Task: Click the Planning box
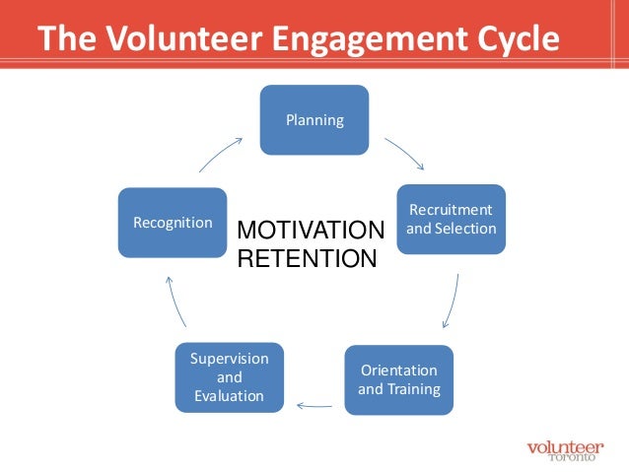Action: (x=314, y=120)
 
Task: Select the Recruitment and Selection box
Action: (x=452, y=220)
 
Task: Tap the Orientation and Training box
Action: (x=398, y=379)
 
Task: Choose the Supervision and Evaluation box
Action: (x=229, y=377)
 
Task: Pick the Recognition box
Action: (x=172, y=223)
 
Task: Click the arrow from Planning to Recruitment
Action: (x=404, y=152)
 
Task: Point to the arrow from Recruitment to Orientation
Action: (x=452, y=301)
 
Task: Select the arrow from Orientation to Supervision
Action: (x=314, y=403)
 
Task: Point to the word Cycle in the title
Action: (x=510, y=38)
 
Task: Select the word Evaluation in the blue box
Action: (x=229, y=396)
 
